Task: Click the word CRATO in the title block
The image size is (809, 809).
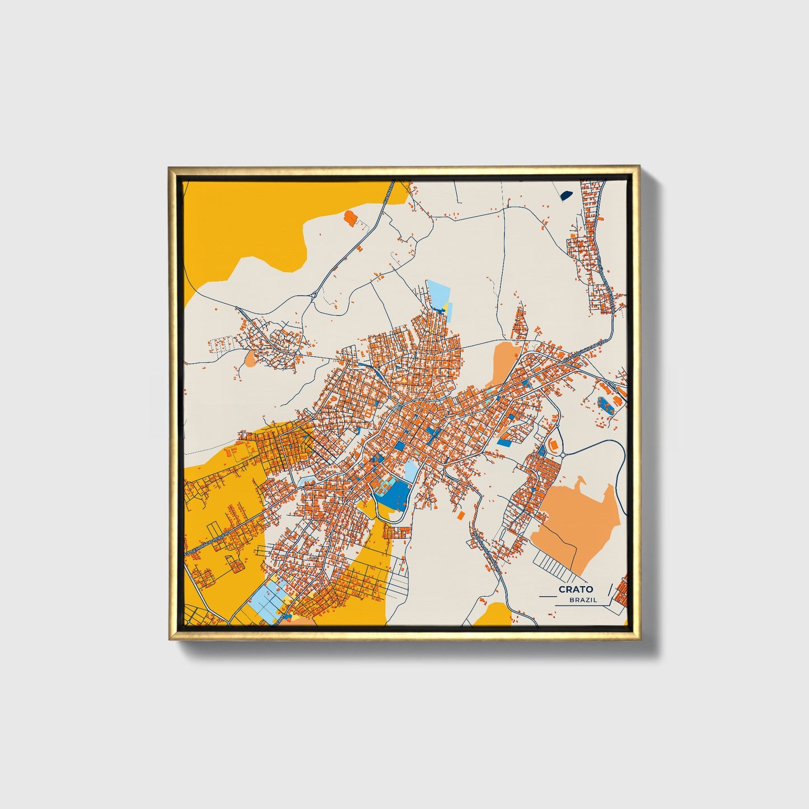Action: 576,590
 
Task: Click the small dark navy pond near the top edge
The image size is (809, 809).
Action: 566,195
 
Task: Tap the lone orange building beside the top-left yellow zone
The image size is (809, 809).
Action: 350,217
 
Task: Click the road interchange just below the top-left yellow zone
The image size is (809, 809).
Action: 315,293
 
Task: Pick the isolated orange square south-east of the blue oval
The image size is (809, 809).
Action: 461,515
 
